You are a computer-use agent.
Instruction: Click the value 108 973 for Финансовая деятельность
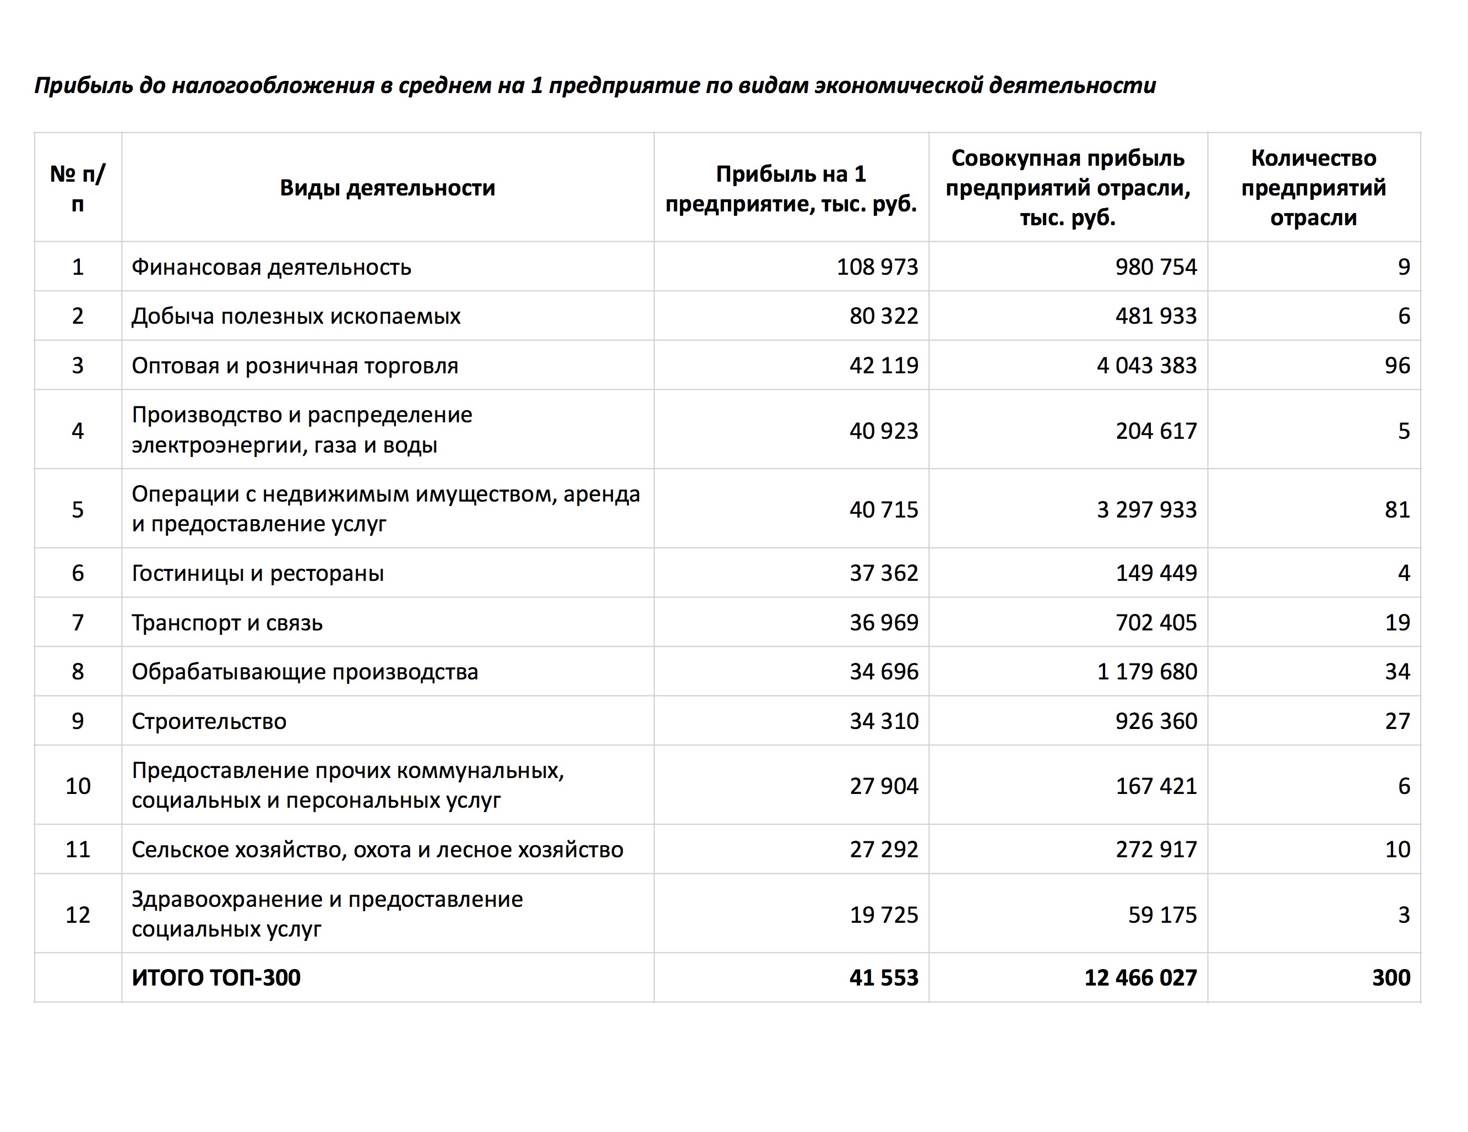pos(877,267)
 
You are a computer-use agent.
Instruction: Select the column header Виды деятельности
pos(387,188)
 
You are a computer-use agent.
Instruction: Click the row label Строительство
pos(209,721)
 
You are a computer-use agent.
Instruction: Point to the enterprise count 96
pos(1397,366)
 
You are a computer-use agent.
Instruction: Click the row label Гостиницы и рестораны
pos(258,573)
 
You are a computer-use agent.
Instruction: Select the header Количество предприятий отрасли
pos(1313,188)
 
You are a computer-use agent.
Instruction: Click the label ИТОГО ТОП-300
pos(216,977)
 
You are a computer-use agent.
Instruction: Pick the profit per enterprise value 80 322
pos(883,316)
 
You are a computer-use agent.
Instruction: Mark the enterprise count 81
pos(1397,509)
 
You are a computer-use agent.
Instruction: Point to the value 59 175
pos(1162,915)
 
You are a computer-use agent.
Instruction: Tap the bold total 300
pos(1391,977)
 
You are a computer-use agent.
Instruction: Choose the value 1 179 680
pos(1147,672)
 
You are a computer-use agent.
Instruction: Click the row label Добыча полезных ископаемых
pos(296,317)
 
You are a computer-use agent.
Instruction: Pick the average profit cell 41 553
pos(883,977)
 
